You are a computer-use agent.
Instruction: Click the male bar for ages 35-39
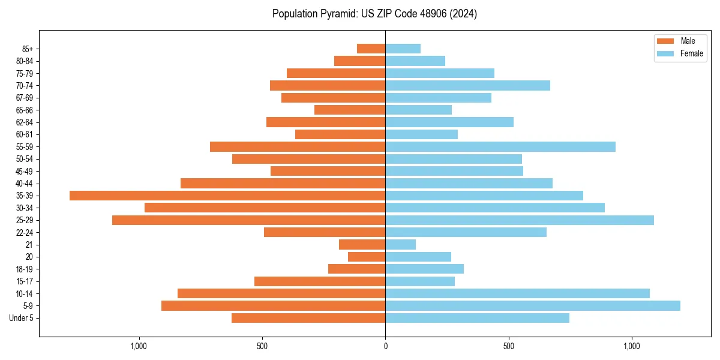point(227,196)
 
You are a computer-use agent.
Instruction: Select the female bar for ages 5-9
point(533,306)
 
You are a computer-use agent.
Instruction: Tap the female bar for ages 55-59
point(500,147)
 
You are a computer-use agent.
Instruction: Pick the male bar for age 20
point(367,257)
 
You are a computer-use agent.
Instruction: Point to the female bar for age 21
point(401,245)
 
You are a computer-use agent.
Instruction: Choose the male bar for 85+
point(371,49)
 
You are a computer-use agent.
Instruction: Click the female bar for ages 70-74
point(468,86)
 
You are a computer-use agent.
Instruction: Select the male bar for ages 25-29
point(249,220)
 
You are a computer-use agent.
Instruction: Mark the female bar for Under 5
point(478,318)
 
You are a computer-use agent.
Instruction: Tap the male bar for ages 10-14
point(281,293)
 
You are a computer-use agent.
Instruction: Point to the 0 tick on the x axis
point(385,346)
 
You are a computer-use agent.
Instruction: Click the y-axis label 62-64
point(25,122)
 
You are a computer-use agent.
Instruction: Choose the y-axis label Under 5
point(21,318)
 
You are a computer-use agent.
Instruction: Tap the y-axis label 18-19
point(25,269)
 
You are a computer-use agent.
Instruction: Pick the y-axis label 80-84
point(25,61)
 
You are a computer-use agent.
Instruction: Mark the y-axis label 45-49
point(25,172)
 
